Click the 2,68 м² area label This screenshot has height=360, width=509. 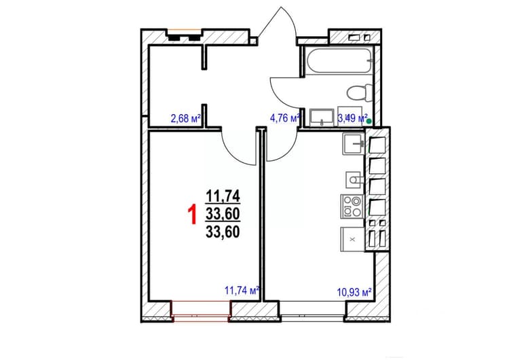click(185, 118)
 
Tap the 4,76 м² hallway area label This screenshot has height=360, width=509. click(284, 118)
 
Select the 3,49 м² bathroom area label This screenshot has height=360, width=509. click(352, 118)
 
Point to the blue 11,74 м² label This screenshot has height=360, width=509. click(242, 290)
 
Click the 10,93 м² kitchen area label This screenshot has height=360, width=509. click(354, 293)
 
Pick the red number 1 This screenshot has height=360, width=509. click(193, 214)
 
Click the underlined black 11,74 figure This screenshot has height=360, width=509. click(223, 196)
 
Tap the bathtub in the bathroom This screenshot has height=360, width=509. click(339, 60)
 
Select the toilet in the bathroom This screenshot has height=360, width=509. click(360, 92)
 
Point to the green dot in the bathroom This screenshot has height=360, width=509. click(369, 122)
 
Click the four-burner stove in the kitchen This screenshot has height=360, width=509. click(352, 206)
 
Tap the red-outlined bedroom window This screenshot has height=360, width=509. click(201, 311)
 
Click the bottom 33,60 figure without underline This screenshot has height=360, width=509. click(223, 232)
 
